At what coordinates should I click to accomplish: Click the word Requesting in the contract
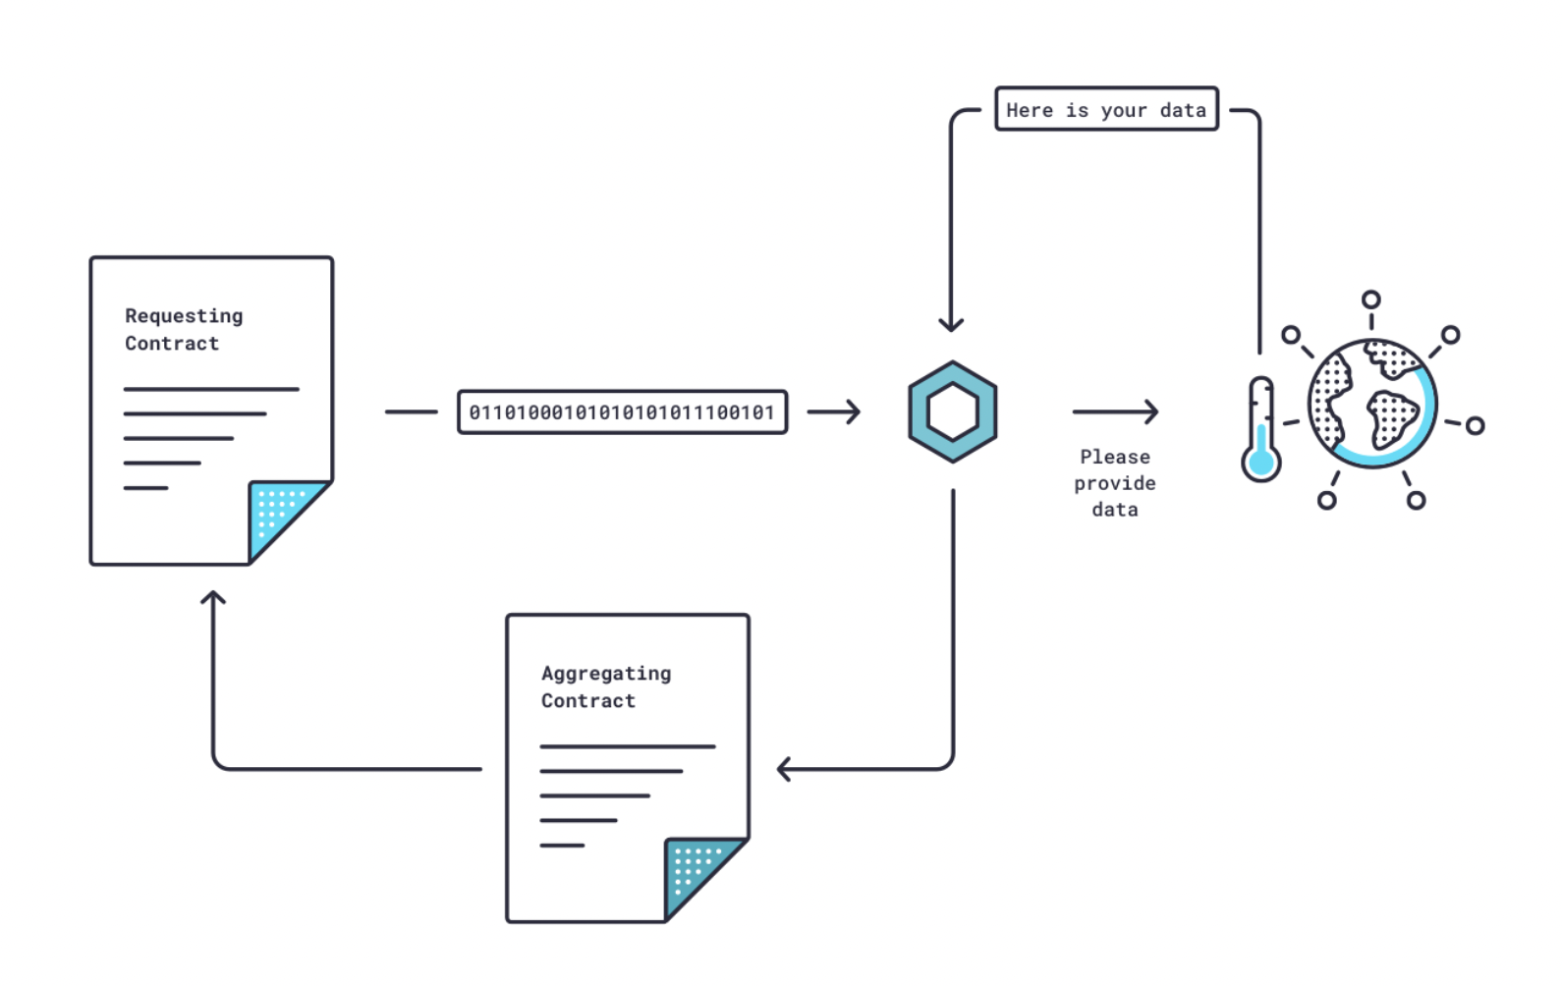click(x=184, y=316)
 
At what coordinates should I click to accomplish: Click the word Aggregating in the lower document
click(x=606, y=674)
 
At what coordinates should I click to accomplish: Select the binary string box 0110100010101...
click(x=622, y=412)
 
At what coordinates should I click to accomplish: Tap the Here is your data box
click(x=1106, y=110)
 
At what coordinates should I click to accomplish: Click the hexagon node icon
click(x=952, y=411)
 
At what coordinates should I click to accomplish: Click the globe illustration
click(x=1371, y=404)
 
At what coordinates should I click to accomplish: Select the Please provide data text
click(x=1115, y=483)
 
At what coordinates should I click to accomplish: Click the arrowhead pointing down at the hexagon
click(x=951, y=324)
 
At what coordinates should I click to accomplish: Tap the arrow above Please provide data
click(x=1115, y=411)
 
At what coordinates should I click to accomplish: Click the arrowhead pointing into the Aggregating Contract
click(x=784, y=769)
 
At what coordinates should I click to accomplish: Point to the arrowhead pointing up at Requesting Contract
click(x=213, y=597)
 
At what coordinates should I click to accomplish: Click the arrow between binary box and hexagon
click(x=834, y=411)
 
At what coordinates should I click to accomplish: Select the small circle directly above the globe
click(x=1371, y=300)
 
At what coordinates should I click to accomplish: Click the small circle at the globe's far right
click(x=1475, y=425)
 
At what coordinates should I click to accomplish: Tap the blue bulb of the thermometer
click(x=1260, y=463)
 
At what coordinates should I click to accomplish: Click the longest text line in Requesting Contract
click(x=211, y=390)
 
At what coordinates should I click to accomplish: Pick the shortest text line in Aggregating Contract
click(x=562, y=846)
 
